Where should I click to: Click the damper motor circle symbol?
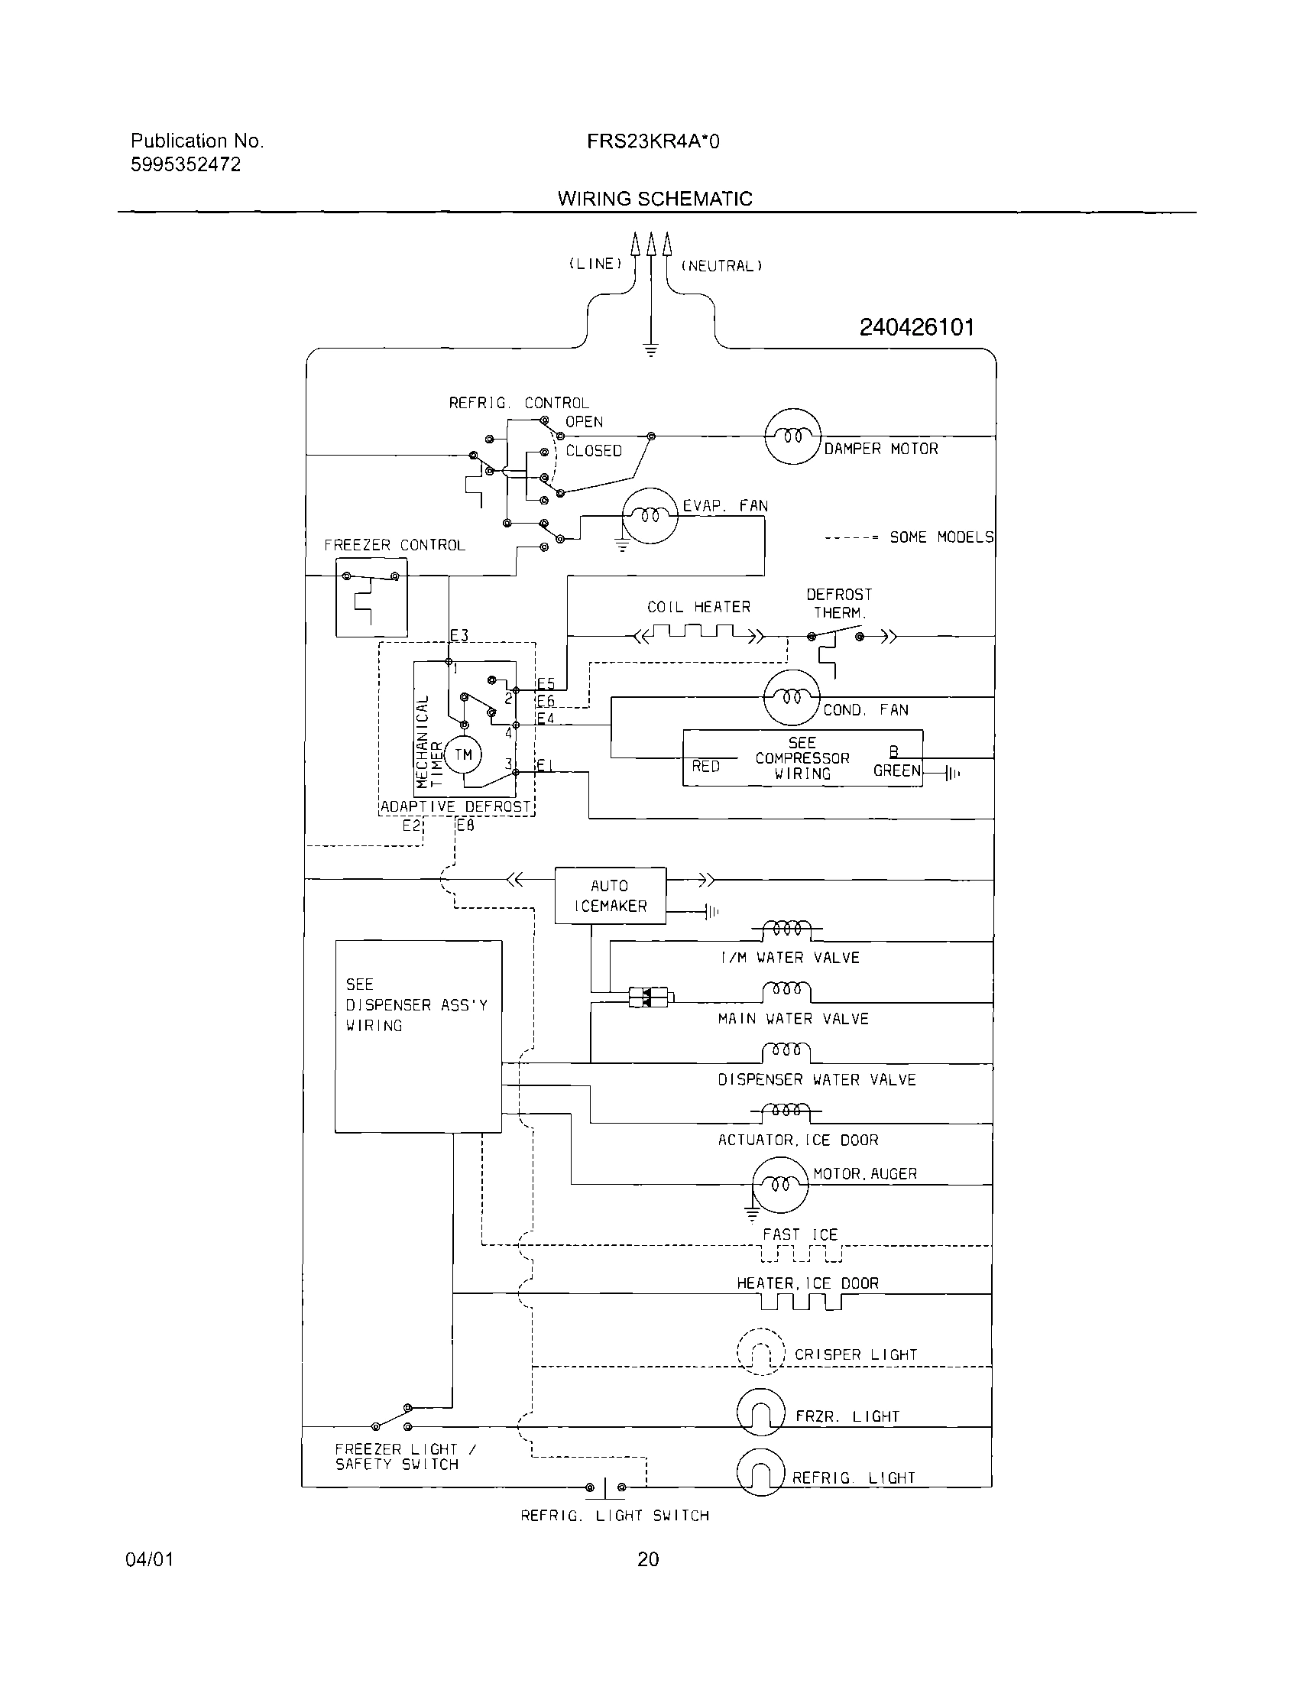click(792, 436)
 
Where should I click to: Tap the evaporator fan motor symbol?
click(650, 515)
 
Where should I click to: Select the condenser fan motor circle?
click(791, 697)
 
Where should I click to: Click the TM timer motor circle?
click(462, 754)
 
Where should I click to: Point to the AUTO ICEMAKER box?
click(610, 895)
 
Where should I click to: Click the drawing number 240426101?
click(916, 327)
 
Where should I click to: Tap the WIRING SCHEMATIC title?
click(654, 199)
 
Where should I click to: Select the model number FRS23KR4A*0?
click(652, 141)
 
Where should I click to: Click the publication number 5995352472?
click(186, 164)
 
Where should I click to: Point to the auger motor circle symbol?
click(780, 1185)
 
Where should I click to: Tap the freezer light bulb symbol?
click(760, 1412)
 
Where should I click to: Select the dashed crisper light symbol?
click(760, 1351)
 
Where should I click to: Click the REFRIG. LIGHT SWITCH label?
click(614, 1516)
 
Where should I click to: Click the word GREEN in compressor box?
click(896, 770)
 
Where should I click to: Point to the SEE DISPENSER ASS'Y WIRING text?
click(416, 1004)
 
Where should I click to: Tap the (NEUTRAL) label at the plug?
click(721, 266)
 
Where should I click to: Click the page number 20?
click(647, 1559)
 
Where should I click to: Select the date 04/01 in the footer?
click(149, 1559)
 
